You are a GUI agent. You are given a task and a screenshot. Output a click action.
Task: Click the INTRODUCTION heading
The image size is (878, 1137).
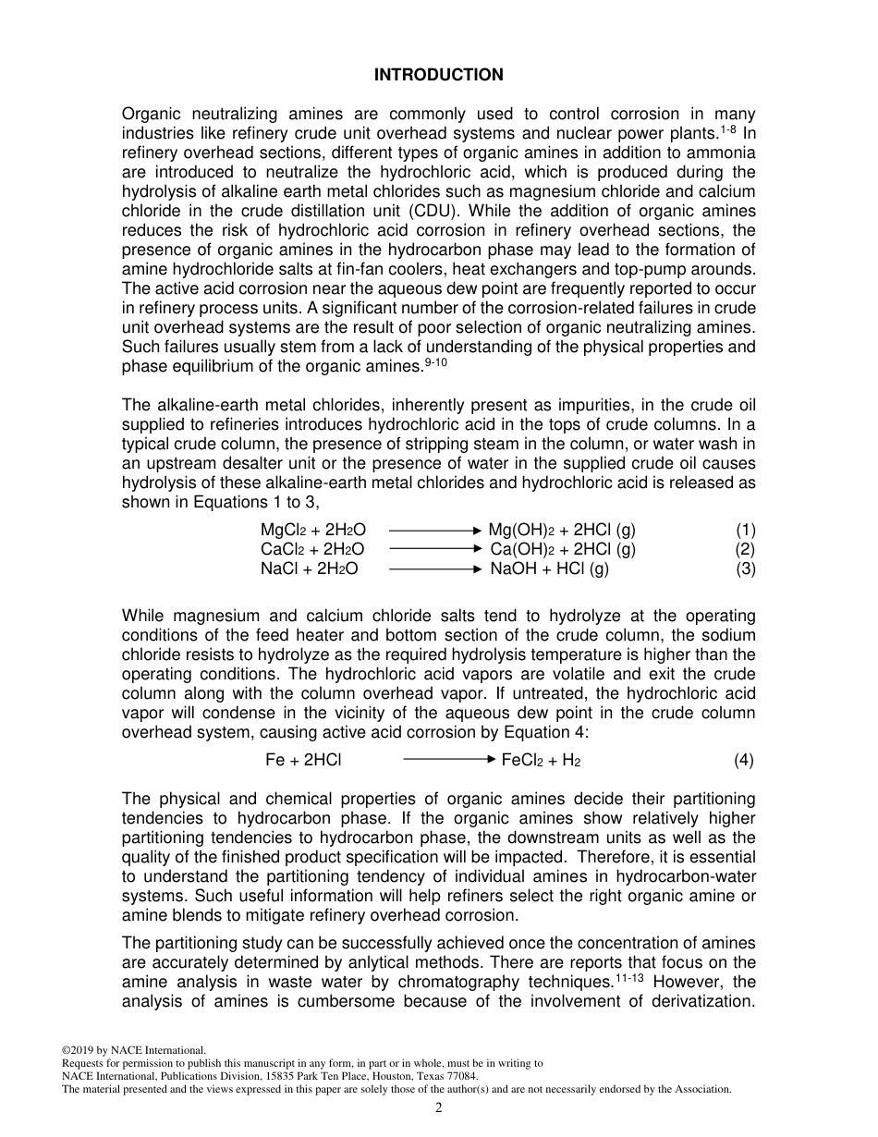click(x=439, y=76)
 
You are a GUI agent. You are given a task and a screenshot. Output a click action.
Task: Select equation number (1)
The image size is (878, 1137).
click(x=745, y=531)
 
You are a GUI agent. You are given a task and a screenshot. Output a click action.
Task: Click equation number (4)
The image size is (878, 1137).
click(x=744, y=761)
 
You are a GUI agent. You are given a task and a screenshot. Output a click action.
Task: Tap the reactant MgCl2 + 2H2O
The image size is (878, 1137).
click(x=313, y=531)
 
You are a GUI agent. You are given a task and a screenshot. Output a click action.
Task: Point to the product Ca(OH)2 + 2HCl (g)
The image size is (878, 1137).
click(x=563, y=550)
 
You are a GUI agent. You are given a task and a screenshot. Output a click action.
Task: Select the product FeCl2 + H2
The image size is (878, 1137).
click(x=541, y=761)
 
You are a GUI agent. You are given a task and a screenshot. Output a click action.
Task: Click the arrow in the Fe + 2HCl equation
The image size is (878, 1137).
click(x=450, y=760)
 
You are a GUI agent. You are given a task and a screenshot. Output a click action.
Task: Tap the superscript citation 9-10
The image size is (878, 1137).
click(x=435, y=362)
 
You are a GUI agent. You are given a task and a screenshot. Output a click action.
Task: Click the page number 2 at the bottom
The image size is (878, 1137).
click(x=439, y=1108)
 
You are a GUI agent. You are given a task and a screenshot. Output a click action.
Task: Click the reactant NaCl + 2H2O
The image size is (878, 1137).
click(x=309, y=569)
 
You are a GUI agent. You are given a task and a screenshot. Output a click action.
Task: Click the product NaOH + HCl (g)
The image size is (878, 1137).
click(x=550, y=569)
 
